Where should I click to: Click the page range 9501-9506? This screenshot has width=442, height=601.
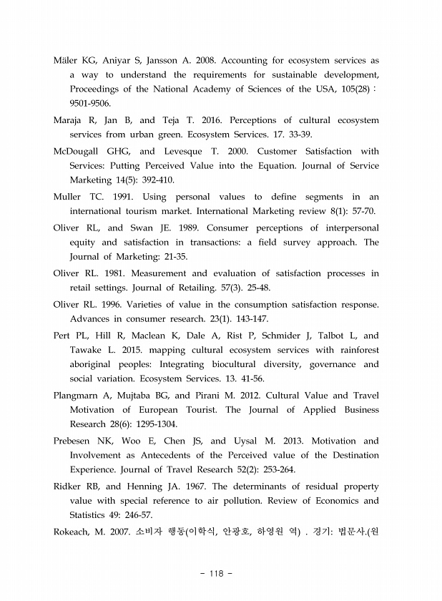tap(90, 103)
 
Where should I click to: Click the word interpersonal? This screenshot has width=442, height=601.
tap(345, 228)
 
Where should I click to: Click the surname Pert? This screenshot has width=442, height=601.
tap(62, 336)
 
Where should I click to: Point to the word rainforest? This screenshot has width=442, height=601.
tap(353, 350)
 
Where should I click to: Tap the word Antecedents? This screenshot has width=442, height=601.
tap(180, 456)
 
